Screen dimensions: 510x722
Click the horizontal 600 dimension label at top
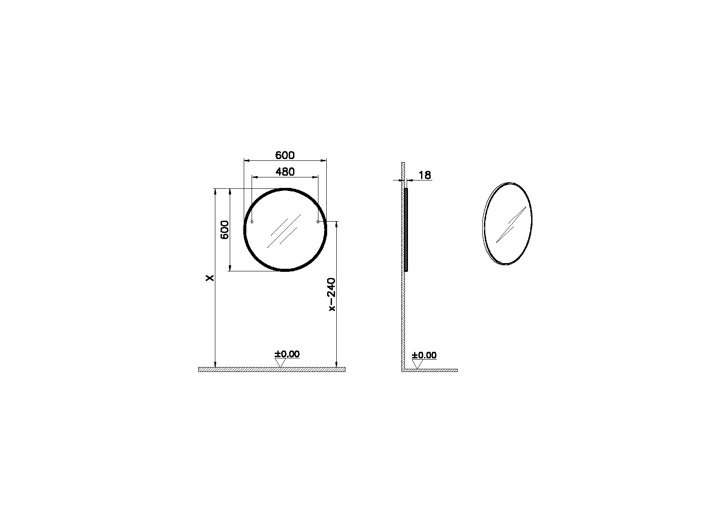coord(285,155)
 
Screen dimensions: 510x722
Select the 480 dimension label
coord(285,172)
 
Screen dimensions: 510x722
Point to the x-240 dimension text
coord(332,294)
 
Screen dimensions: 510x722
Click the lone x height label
coord(211,278)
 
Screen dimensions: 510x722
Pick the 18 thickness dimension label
coord(425,175)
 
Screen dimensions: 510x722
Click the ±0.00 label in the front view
coord(287,354)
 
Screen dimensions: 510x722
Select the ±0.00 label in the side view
coord(424,355)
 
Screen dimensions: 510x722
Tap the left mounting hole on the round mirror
coord(252,222)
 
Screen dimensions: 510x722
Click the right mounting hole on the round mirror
coord(318,222)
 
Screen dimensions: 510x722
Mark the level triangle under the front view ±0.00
coord(280,363)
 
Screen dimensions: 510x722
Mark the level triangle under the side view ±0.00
coord(418,364)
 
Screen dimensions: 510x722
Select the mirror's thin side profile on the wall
coord(407,229)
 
